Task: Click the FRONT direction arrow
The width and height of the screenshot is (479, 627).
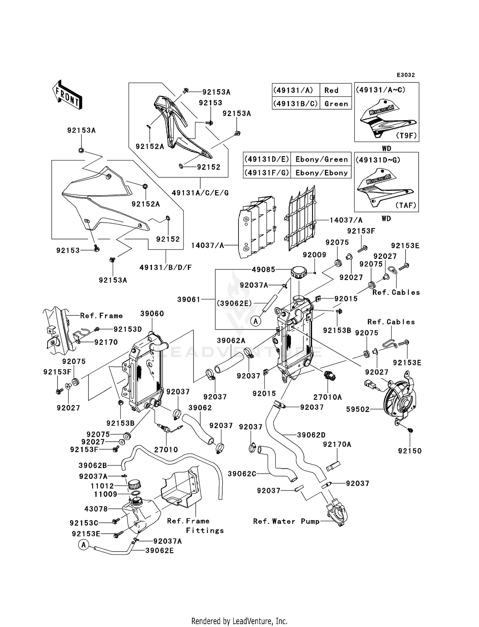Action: [67, 95]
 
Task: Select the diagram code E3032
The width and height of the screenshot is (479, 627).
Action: [406, 75]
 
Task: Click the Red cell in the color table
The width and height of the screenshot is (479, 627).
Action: [331, 90]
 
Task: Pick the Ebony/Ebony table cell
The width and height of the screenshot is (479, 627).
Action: [321, 173]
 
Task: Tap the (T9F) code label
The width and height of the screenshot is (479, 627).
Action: [406, 135]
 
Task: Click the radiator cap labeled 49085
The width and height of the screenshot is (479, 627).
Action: [299, 273]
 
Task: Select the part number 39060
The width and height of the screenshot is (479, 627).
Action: [152, 313]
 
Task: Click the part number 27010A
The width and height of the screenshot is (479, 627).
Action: [328, 397]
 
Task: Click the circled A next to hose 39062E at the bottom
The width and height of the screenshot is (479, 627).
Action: [84, 545]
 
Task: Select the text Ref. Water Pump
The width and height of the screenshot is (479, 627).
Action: [286, 522]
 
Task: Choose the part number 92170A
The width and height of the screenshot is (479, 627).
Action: [337, 445]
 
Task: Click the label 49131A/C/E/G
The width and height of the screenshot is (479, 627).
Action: [200, 193]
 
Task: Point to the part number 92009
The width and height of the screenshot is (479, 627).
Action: [314, 255]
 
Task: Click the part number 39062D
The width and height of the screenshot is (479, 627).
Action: [311, 435]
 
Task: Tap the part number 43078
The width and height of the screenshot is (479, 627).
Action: [96, 509]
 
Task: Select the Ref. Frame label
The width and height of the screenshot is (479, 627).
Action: [101, 316]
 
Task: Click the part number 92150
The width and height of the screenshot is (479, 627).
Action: [410, 451]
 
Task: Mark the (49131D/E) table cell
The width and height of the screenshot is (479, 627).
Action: [267, 159]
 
